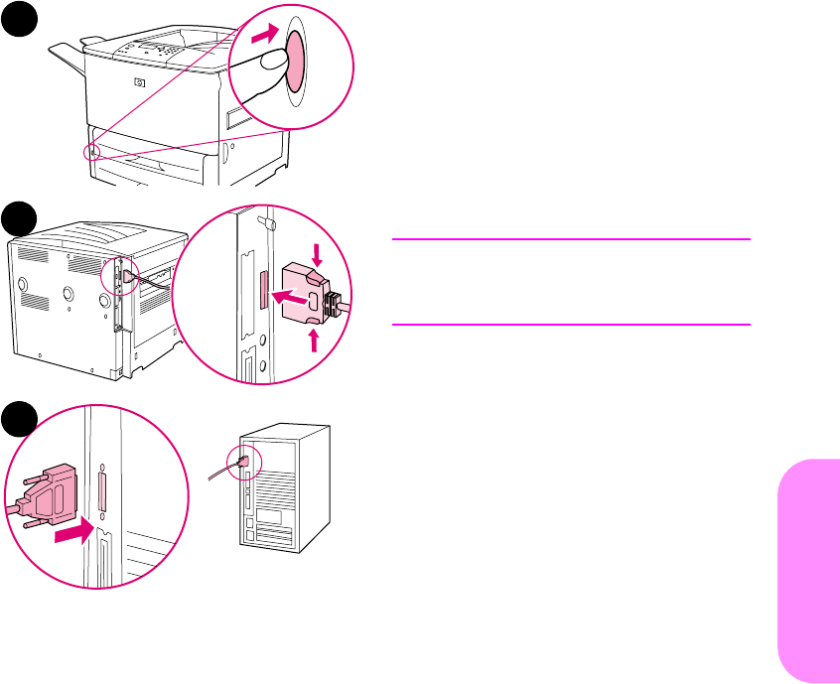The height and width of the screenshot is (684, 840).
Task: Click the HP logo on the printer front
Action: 138,83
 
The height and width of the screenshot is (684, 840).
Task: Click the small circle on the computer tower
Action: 242,460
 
